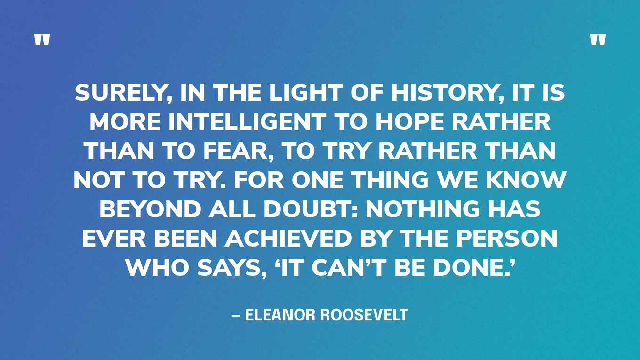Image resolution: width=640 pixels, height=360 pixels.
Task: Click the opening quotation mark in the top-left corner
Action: tap(42, 40)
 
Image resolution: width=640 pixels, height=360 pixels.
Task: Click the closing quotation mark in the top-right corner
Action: tap(598, 40)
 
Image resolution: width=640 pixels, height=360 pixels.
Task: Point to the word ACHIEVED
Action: tap(288, 240)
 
